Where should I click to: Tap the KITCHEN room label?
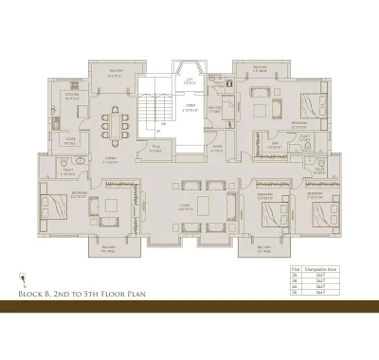point(71,96)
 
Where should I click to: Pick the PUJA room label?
point(157,147)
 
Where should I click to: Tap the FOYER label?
point(217,147)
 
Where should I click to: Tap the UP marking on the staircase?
point(163,128)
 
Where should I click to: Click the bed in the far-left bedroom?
point(54,207)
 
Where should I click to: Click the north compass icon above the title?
point(21,278)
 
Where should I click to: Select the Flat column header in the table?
point(295,270)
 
